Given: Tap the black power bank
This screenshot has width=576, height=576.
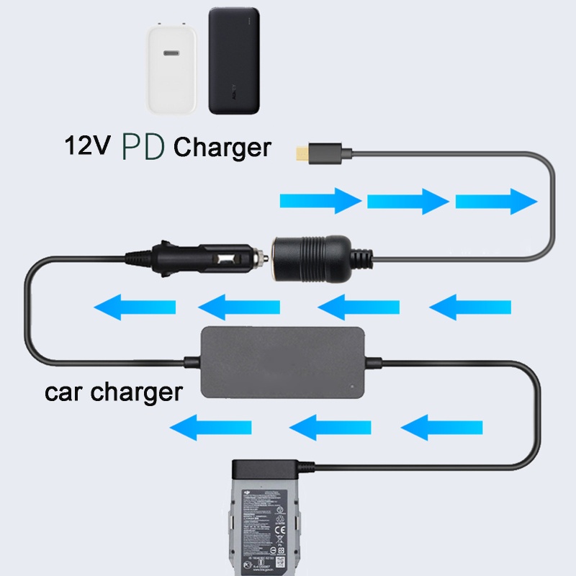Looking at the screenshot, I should click(x=234, y=60).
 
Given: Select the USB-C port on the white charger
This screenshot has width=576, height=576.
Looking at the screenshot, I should click(x=174, y=53).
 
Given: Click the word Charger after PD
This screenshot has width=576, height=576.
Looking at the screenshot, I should click(x=222, y=147).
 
